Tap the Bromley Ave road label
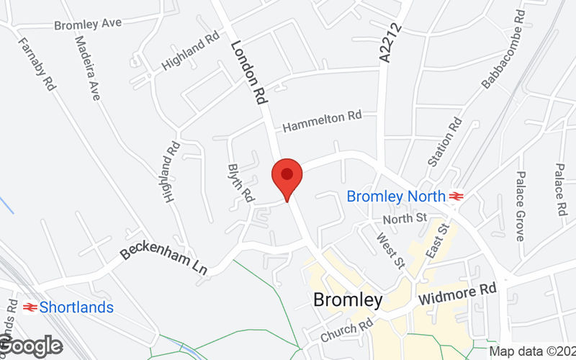(x=88, y=24)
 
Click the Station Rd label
(x=445, y=143)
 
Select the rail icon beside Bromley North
(x=455, y=196)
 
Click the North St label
(x=405, y=217)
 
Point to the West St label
(x=391, y=248)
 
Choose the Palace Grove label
(x=520, y=206)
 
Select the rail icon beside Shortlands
(x=30, y=307)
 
